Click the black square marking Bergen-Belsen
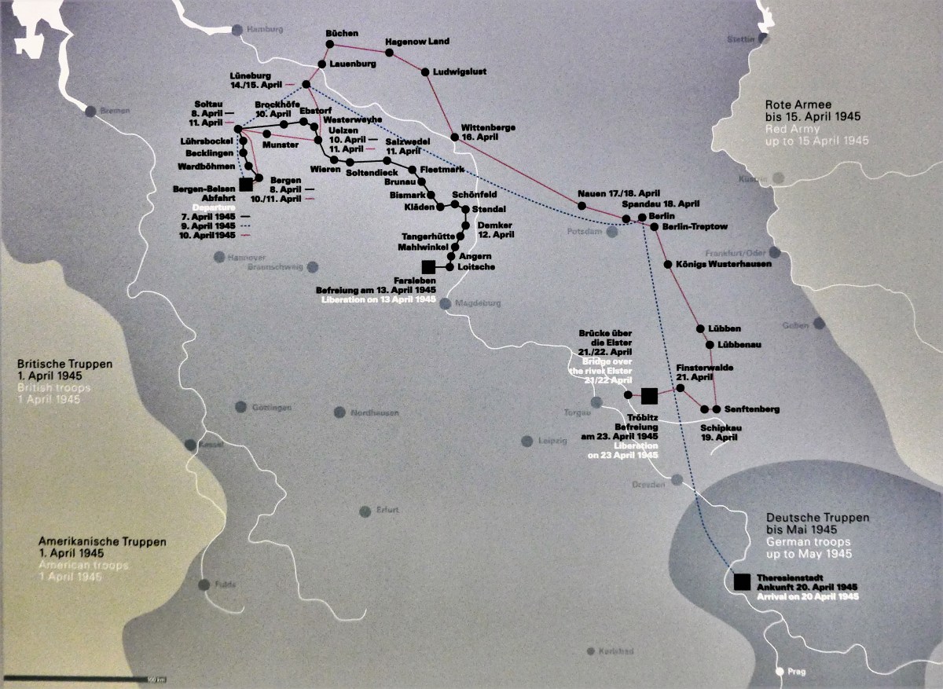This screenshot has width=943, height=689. [246, 184]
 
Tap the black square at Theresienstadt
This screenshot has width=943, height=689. [741, 581]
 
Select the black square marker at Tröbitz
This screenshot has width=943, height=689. [648, 395]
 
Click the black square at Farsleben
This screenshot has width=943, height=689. [428, 267]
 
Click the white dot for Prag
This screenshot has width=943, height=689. [780, 672]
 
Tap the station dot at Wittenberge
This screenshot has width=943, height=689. [454, 137]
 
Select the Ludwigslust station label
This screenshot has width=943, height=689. [460, 71]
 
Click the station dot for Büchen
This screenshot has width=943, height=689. [330, 44]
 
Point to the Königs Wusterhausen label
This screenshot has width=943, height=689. [723, 264]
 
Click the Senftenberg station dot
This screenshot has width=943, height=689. [716, 409]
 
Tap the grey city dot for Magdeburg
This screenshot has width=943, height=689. [446, 303]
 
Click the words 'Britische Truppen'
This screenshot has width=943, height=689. [65, 365]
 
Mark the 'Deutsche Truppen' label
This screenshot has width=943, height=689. [818, 518]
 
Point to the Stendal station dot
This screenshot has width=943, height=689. [465, 209]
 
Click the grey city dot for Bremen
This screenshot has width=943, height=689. [90, 111]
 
